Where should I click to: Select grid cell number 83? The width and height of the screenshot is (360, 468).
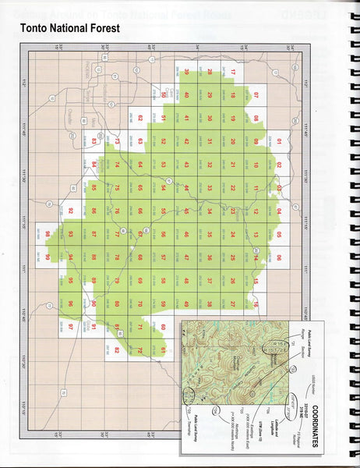click(x=94, y=142)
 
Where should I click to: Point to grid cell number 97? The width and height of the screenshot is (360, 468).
click(x=71, y=326)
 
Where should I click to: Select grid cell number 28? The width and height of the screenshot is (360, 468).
click(x=210, y=73)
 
